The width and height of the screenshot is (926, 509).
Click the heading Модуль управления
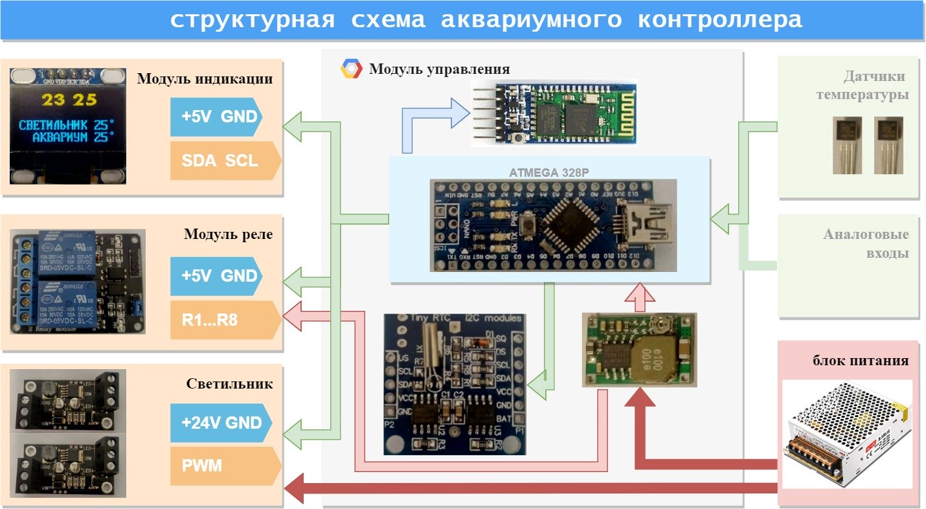[439, 69]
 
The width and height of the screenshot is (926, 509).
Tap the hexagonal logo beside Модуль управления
[351, 69]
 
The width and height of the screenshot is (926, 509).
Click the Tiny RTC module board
[455, 383]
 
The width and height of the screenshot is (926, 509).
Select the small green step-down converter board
[639, 350]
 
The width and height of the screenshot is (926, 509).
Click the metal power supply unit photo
[847, 434]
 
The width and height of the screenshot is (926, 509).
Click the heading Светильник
[229, 384]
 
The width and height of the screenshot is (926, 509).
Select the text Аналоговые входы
[866, 243]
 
